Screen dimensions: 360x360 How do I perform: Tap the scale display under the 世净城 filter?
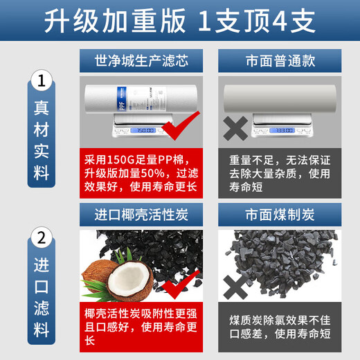tap(142, 129)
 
